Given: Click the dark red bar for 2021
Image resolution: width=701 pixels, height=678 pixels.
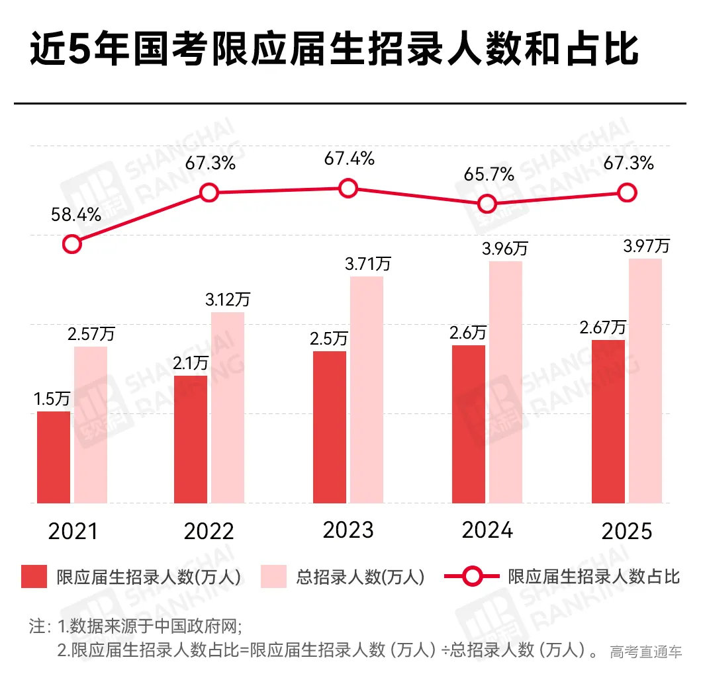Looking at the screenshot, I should pos(54,457).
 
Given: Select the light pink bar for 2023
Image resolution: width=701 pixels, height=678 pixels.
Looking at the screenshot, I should pos(367,390).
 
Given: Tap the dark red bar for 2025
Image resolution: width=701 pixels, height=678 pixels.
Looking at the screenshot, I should pos(608,421).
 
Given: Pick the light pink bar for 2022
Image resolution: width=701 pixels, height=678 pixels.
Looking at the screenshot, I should pos(228,407).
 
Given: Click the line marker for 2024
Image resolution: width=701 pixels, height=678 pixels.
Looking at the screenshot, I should pos(487,204).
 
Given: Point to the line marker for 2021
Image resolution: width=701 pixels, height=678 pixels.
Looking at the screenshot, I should pos(72,244).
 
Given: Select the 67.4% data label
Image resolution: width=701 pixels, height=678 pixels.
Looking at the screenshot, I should pos(349,159).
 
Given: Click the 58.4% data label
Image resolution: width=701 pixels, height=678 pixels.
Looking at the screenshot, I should pos(76,214).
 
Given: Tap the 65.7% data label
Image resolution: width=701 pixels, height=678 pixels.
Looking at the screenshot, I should pos(489,175).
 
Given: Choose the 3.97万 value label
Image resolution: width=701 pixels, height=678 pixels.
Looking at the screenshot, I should pos(645,247).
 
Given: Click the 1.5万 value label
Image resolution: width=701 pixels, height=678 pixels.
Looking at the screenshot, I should pos(52,399).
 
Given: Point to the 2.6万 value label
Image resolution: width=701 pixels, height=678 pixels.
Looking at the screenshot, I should pos(468,332).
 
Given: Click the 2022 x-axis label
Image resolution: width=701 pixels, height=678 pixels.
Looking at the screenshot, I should pos(209,532).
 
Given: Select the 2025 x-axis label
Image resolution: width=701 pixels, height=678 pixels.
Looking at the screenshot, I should pos(627,532).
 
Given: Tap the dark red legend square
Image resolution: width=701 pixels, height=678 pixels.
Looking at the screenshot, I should pos(34,576).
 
